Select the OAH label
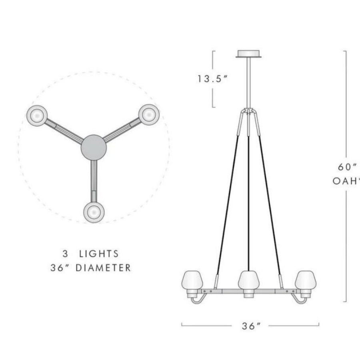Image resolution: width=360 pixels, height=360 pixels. tap(345, 181)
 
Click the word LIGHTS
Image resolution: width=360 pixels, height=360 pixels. tap(99, 254)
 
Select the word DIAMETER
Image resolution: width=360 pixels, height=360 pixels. tap(104, 268)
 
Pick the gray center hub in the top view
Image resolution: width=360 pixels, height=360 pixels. tap(94, 147)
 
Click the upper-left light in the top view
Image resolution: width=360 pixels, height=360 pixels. tap(37, 115)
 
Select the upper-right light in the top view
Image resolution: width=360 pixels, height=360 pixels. tap(148, 114)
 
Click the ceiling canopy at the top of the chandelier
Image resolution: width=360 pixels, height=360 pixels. tap(249, 54)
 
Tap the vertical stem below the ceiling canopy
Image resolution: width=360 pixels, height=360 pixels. tap(249, 82)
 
